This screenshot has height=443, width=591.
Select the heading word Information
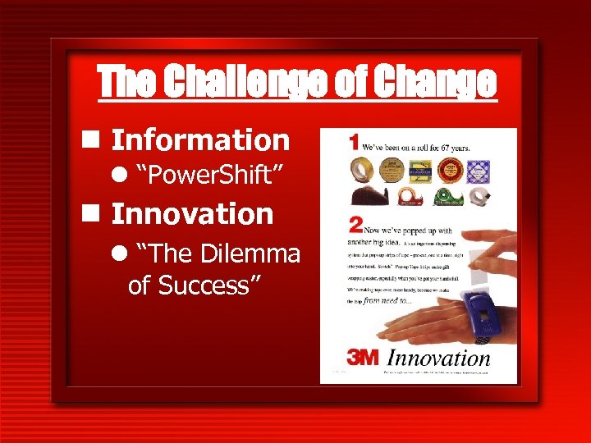click(x=200, y=140)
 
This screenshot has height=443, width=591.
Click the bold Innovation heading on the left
click(x=192, y=215)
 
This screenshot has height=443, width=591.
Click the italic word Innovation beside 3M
click(x=438, y=359)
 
